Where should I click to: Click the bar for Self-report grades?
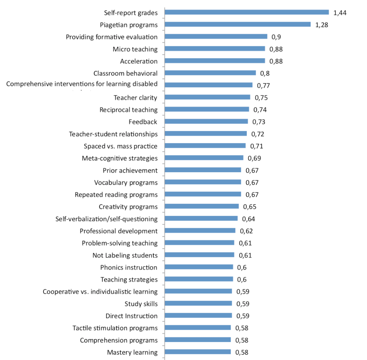pos(246,12)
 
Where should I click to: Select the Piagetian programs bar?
pos(237,25)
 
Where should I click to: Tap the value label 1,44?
pos(340,13)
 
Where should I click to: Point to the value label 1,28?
pos(321,25)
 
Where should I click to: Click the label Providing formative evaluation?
pos(112,37)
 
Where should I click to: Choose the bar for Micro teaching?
pos(215,49)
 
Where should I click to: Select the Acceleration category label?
pos(139,61)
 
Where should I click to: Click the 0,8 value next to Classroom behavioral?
pos(265,73)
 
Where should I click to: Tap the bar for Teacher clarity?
pos(207,97)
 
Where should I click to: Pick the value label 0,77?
pos(263,85)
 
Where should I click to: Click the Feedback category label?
pos(143,122)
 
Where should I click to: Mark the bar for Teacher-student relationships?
pos(206,133)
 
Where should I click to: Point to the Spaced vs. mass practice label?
pos(120,146)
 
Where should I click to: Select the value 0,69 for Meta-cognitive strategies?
pos(254,158)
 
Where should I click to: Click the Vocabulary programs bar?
pos(203,182)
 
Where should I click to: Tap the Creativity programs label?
pos(128,207)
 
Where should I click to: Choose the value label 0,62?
pos(246,231)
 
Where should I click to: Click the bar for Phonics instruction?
pos(199,267)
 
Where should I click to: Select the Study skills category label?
pos(141,304)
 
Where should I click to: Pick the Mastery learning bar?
pos(198,352)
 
